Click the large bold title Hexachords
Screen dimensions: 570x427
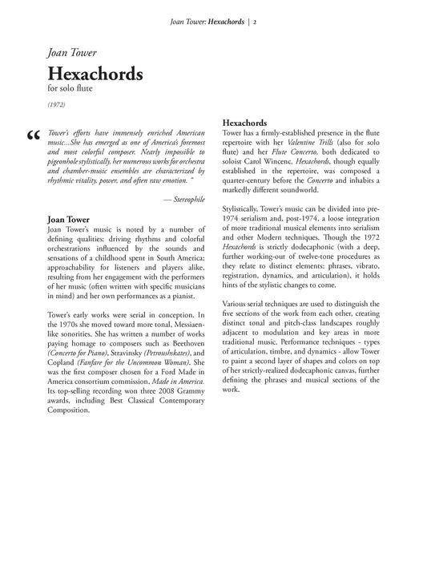coord(95,74)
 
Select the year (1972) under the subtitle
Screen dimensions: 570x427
coord(58,105)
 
